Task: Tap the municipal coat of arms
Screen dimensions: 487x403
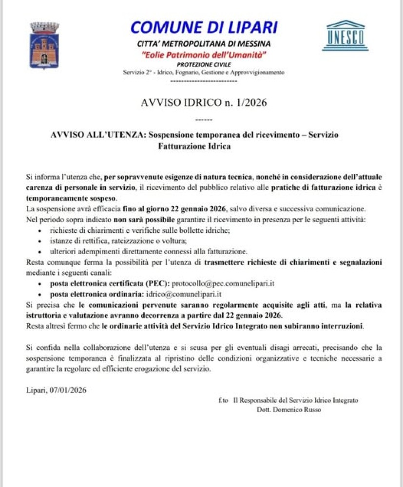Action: pos(44,45)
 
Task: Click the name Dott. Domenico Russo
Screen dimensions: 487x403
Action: pos(289,410)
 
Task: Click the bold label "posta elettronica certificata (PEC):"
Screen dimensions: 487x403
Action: pos(110,283)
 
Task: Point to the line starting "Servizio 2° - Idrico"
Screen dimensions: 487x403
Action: pos(204,72)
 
